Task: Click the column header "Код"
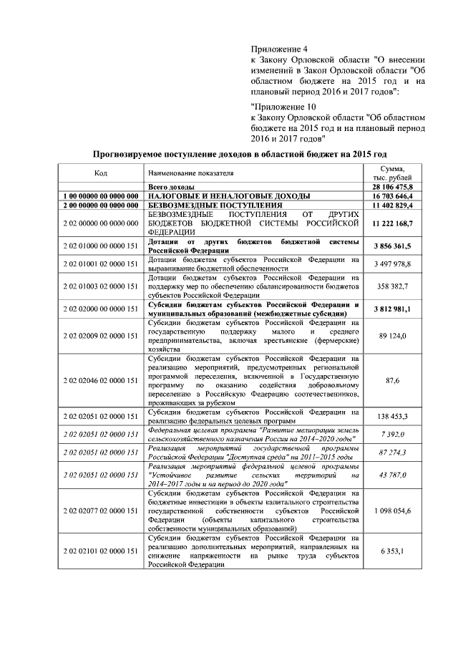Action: point(101,173)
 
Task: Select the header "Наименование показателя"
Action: point(191,173)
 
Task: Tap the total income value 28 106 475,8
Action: point(392,186)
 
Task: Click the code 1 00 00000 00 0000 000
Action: point(101,195)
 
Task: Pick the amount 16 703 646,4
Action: point(392,195)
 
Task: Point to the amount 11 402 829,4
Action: point(392,205)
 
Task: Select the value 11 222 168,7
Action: point(392,223)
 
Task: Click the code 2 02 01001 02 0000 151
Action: point(101,264)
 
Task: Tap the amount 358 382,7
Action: point(392,286)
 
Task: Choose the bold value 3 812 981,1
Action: point(392,309)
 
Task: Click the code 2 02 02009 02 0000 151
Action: point(101,335)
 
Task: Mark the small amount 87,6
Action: point(392,380)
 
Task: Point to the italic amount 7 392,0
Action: point(392,434)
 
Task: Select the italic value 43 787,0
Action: point(392,475)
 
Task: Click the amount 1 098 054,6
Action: point(392,511)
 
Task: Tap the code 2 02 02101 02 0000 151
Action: point(101,551)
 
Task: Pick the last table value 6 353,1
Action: point(392,551)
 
